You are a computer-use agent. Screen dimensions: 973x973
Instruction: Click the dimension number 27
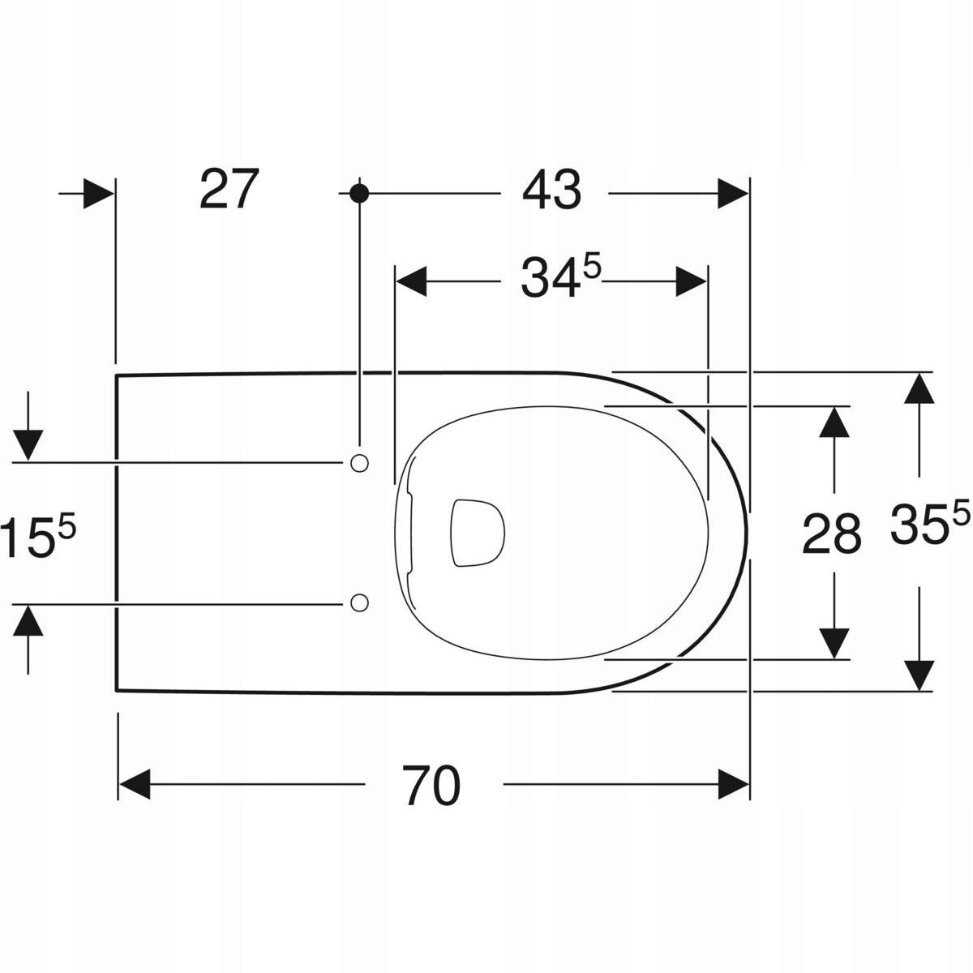229,190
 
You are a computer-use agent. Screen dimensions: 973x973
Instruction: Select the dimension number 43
552,190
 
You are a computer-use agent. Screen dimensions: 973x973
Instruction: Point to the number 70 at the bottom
431,785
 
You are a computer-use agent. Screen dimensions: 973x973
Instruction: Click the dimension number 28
832,534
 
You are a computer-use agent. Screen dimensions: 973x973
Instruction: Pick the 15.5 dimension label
38,538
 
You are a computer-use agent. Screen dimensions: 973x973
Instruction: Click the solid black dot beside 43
359,194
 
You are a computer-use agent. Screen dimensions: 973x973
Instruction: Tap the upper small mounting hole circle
359,462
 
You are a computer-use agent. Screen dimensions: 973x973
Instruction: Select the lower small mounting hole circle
359,603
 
